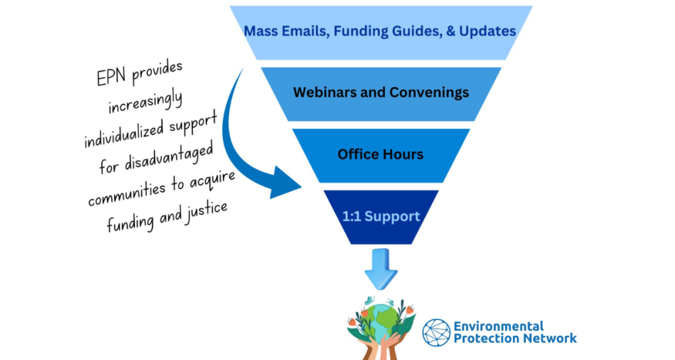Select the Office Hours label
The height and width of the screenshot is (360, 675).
tap(381, 154)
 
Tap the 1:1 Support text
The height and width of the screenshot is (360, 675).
tap(381, 216)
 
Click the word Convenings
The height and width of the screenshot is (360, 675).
tap(429, 93)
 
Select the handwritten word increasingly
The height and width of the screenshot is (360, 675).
tap(145, 103)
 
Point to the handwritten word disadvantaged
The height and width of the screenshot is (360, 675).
tap(169, 157)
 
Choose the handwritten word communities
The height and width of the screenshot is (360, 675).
tap(128, 193)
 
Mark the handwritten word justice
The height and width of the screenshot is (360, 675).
tap(206, 213)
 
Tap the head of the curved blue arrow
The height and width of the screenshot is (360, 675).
tap(284, 184)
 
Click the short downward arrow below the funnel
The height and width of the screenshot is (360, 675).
tap(381, 269)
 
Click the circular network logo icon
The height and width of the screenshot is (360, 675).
tap(437, 333)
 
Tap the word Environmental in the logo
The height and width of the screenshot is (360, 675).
tap(499, 326)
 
